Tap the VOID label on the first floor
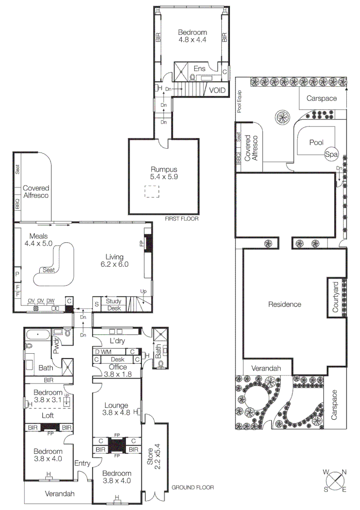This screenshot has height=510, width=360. coord(218,90)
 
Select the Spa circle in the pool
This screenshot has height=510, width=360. coord(331,153)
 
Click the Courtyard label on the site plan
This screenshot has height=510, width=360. coord(335,297)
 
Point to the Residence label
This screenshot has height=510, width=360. coord(285,304)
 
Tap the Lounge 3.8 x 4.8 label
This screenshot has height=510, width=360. coord(117,408)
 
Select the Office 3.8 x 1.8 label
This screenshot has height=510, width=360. coord(117,370)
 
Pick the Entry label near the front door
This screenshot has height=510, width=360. coord(82,463)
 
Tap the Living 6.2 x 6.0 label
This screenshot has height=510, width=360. coord(115,261)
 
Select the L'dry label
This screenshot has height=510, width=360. coord(116,341)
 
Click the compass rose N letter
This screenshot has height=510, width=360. coord(344,472)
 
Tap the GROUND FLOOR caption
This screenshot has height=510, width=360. coord(193,487)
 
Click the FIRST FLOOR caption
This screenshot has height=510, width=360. coord(182,219)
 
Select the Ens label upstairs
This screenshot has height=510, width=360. coord(199,68)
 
